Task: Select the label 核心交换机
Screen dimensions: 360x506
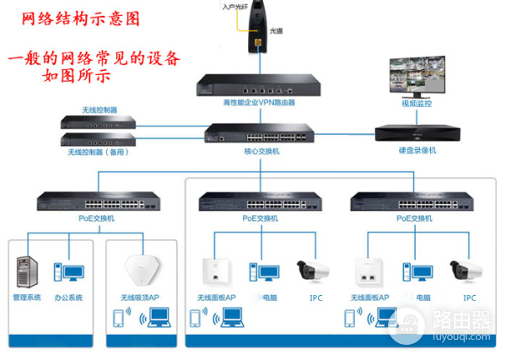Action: coord(261,153)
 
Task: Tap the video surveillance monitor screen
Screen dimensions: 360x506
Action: coord(417,79)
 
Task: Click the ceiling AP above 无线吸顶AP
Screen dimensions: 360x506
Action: coord(140,271)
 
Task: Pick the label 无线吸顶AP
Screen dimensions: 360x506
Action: coord(140,298)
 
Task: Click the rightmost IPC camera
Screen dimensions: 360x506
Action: coord(466,270)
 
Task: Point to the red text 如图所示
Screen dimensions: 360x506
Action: coord(82,77)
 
